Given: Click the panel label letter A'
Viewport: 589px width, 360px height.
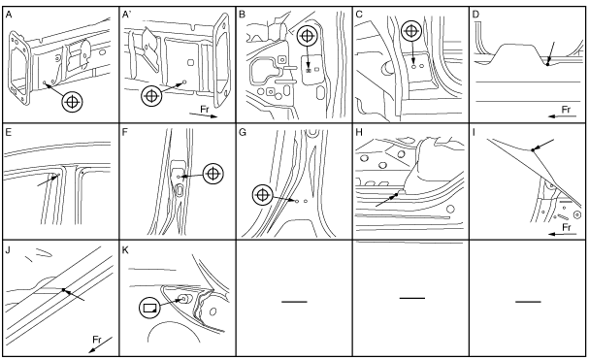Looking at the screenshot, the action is [x=126, y=15].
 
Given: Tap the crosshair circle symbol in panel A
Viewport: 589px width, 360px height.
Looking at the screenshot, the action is [x=73, y=102].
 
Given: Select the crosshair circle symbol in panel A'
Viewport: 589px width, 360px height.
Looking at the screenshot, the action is [x=151, y=95].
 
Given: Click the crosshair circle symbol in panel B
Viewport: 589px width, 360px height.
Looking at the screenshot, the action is [x=308, y=36].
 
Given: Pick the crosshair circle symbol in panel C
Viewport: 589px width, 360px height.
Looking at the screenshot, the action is [x=411, y=31].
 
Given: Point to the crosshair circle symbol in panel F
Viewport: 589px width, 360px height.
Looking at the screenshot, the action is [x=213, y=174].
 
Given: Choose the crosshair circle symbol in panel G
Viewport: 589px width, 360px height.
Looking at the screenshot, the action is [x=263, y=195].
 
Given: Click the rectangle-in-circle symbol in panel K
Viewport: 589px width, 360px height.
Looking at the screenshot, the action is [x=149, y=309].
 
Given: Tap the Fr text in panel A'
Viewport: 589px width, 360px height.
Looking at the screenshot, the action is [x=205, y=110].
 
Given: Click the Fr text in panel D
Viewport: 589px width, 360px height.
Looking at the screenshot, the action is [x=566, y=110].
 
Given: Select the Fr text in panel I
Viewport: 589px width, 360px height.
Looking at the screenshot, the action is [x=567, y=227].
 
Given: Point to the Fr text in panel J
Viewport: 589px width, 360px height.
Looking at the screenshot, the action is [x=97, y=340].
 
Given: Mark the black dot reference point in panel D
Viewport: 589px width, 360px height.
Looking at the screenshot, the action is [x=547, y=64].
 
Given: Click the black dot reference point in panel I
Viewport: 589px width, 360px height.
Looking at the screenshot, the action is [x=533, y=150].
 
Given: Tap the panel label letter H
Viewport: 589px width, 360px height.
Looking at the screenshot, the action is [x=359, y=132].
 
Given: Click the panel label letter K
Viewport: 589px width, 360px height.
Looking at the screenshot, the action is [x=125, y=250].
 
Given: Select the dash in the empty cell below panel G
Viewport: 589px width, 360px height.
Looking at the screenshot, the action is [x=294, y=302].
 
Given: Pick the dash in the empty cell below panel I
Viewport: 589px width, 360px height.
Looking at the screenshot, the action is [x=528, y=302].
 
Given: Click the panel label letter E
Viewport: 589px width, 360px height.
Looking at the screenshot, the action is [x=9, y=132].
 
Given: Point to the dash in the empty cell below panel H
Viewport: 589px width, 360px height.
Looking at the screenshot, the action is [x=412, y=298].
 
